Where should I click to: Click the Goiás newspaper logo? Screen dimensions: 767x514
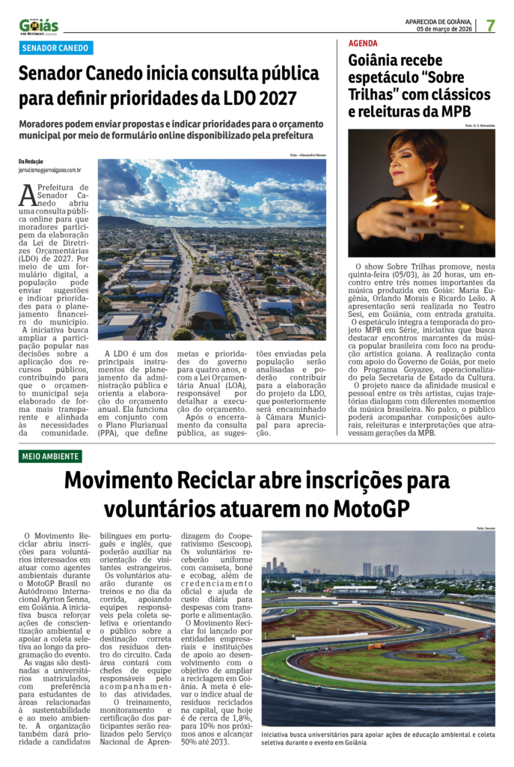(39, 27)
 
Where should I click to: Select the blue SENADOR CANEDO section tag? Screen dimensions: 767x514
(56, 48)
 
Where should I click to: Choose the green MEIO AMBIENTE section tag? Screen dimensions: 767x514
(51, 456)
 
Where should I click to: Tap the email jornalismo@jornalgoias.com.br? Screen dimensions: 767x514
(50, 170)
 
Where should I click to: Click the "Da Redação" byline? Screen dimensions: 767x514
(31, 161)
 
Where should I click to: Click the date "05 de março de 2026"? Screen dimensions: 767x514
(444, 28)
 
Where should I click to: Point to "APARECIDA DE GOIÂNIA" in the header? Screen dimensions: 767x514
(438, 21)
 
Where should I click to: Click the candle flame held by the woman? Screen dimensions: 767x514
(428, 201)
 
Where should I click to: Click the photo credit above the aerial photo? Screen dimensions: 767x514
(308, 155)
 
